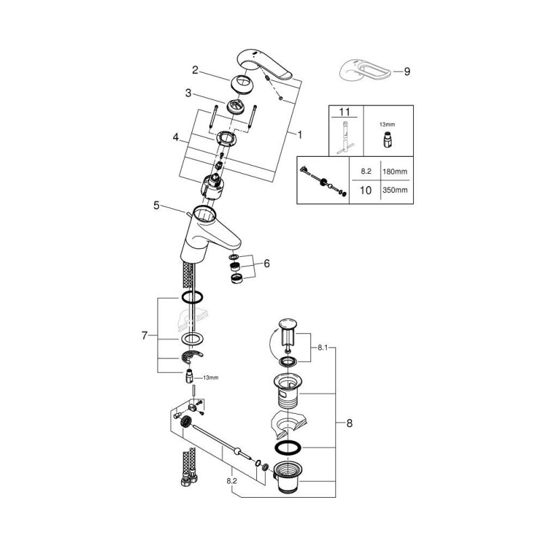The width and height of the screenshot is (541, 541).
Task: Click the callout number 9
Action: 407,72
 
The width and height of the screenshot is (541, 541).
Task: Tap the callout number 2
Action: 195,70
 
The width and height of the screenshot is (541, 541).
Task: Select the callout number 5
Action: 157,206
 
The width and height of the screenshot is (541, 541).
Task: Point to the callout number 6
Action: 266,264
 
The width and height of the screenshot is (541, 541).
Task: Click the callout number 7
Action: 144,335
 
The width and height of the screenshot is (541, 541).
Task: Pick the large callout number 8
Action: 349,423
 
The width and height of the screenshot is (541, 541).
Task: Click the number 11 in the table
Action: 344,112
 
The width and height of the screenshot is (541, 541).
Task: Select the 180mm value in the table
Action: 395,172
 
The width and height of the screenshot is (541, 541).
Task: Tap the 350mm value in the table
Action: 395,190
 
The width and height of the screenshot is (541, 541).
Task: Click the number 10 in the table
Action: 366,191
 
